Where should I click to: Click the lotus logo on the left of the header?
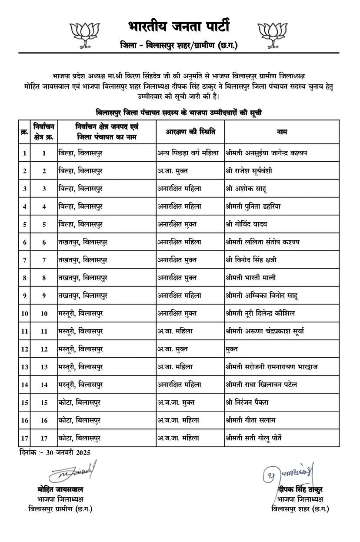(x=86, y=33)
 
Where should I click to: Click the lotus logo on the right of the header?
(x=273, y=33)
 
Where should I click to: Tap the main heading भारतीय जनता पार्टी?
(x=179, y=26)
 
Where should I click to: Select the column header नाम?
(x=281, y=132)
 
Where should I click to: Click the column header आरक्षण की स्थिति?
(x=190, y=132)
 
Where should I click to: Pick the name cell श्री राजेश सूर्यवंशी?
(x=249, y=171)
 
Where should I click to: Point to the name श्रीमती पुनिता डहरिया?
(x=253, y=206)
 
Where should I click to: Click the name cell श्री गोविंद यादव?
(x=247, y=224)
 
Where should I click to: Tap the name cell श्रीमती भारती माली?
(x=251, y=278)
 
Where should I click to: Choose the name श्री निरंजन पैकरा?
(x=247, y=402)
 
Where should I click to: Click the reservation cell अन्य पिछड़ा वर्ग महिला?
(x=189, y=153)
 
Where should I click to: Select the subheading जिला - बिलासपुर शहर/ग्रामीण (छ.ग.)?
(x=179, y=46)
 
